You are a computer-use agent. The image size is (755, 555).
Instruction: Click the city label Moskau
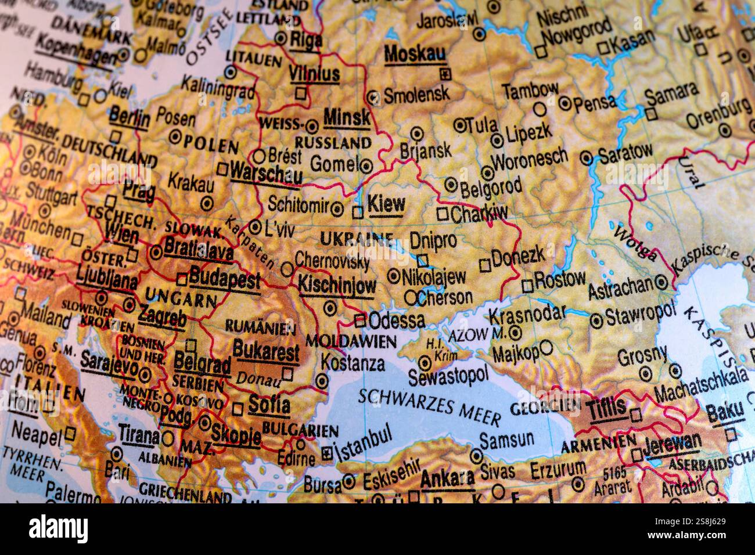pyautogui.click(x=415, y=53)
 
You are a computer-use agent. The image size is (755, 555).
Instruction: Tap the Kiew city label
pyautogui.click(x=387, y=204)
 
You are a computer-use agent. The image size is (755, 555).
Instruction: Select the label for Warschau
pyautogui.click(x=266, y=173)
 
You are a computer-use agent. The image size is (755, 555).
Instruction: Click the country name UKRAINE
pyautogui.click(x=357, y=238)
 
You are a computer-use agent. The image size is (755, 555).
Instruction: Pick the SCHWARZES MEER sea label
pyautogui.click(x=429, y=406)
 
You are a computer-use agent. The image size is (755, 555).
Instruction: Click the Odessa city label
pyautogui.click(x=397, y=320)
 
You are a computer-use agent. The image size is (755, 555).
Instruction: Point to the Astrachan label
pyautogui.click(x=620, y=287)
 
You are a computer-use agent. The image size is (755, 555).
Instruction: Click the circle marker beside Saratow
pyautogui.click(x=587, y=157)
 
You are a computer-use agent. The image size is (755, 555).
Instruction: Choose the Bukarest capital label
pyautogui.click(x=266, y=351)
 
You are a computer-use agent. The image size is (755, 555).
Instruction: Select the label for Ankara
pyautogui.click(x=447, y=478)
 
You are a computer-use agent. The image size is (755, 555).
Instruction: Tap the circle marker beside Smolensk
pyautogui.click(x=373, y=97)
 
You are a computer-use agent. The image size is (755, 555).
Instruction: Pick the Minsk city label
pyautogui.click(x=347, y=118)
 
